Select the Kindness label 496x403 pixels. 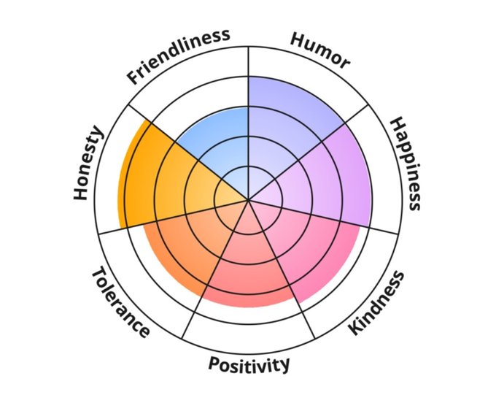[x=376, y=302]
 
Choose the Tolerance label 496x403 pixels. [x=121, y=302]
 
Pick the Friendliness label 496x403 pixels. [x=178, y=55]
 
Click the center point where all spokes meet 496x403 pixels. [x=249, y=199]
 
